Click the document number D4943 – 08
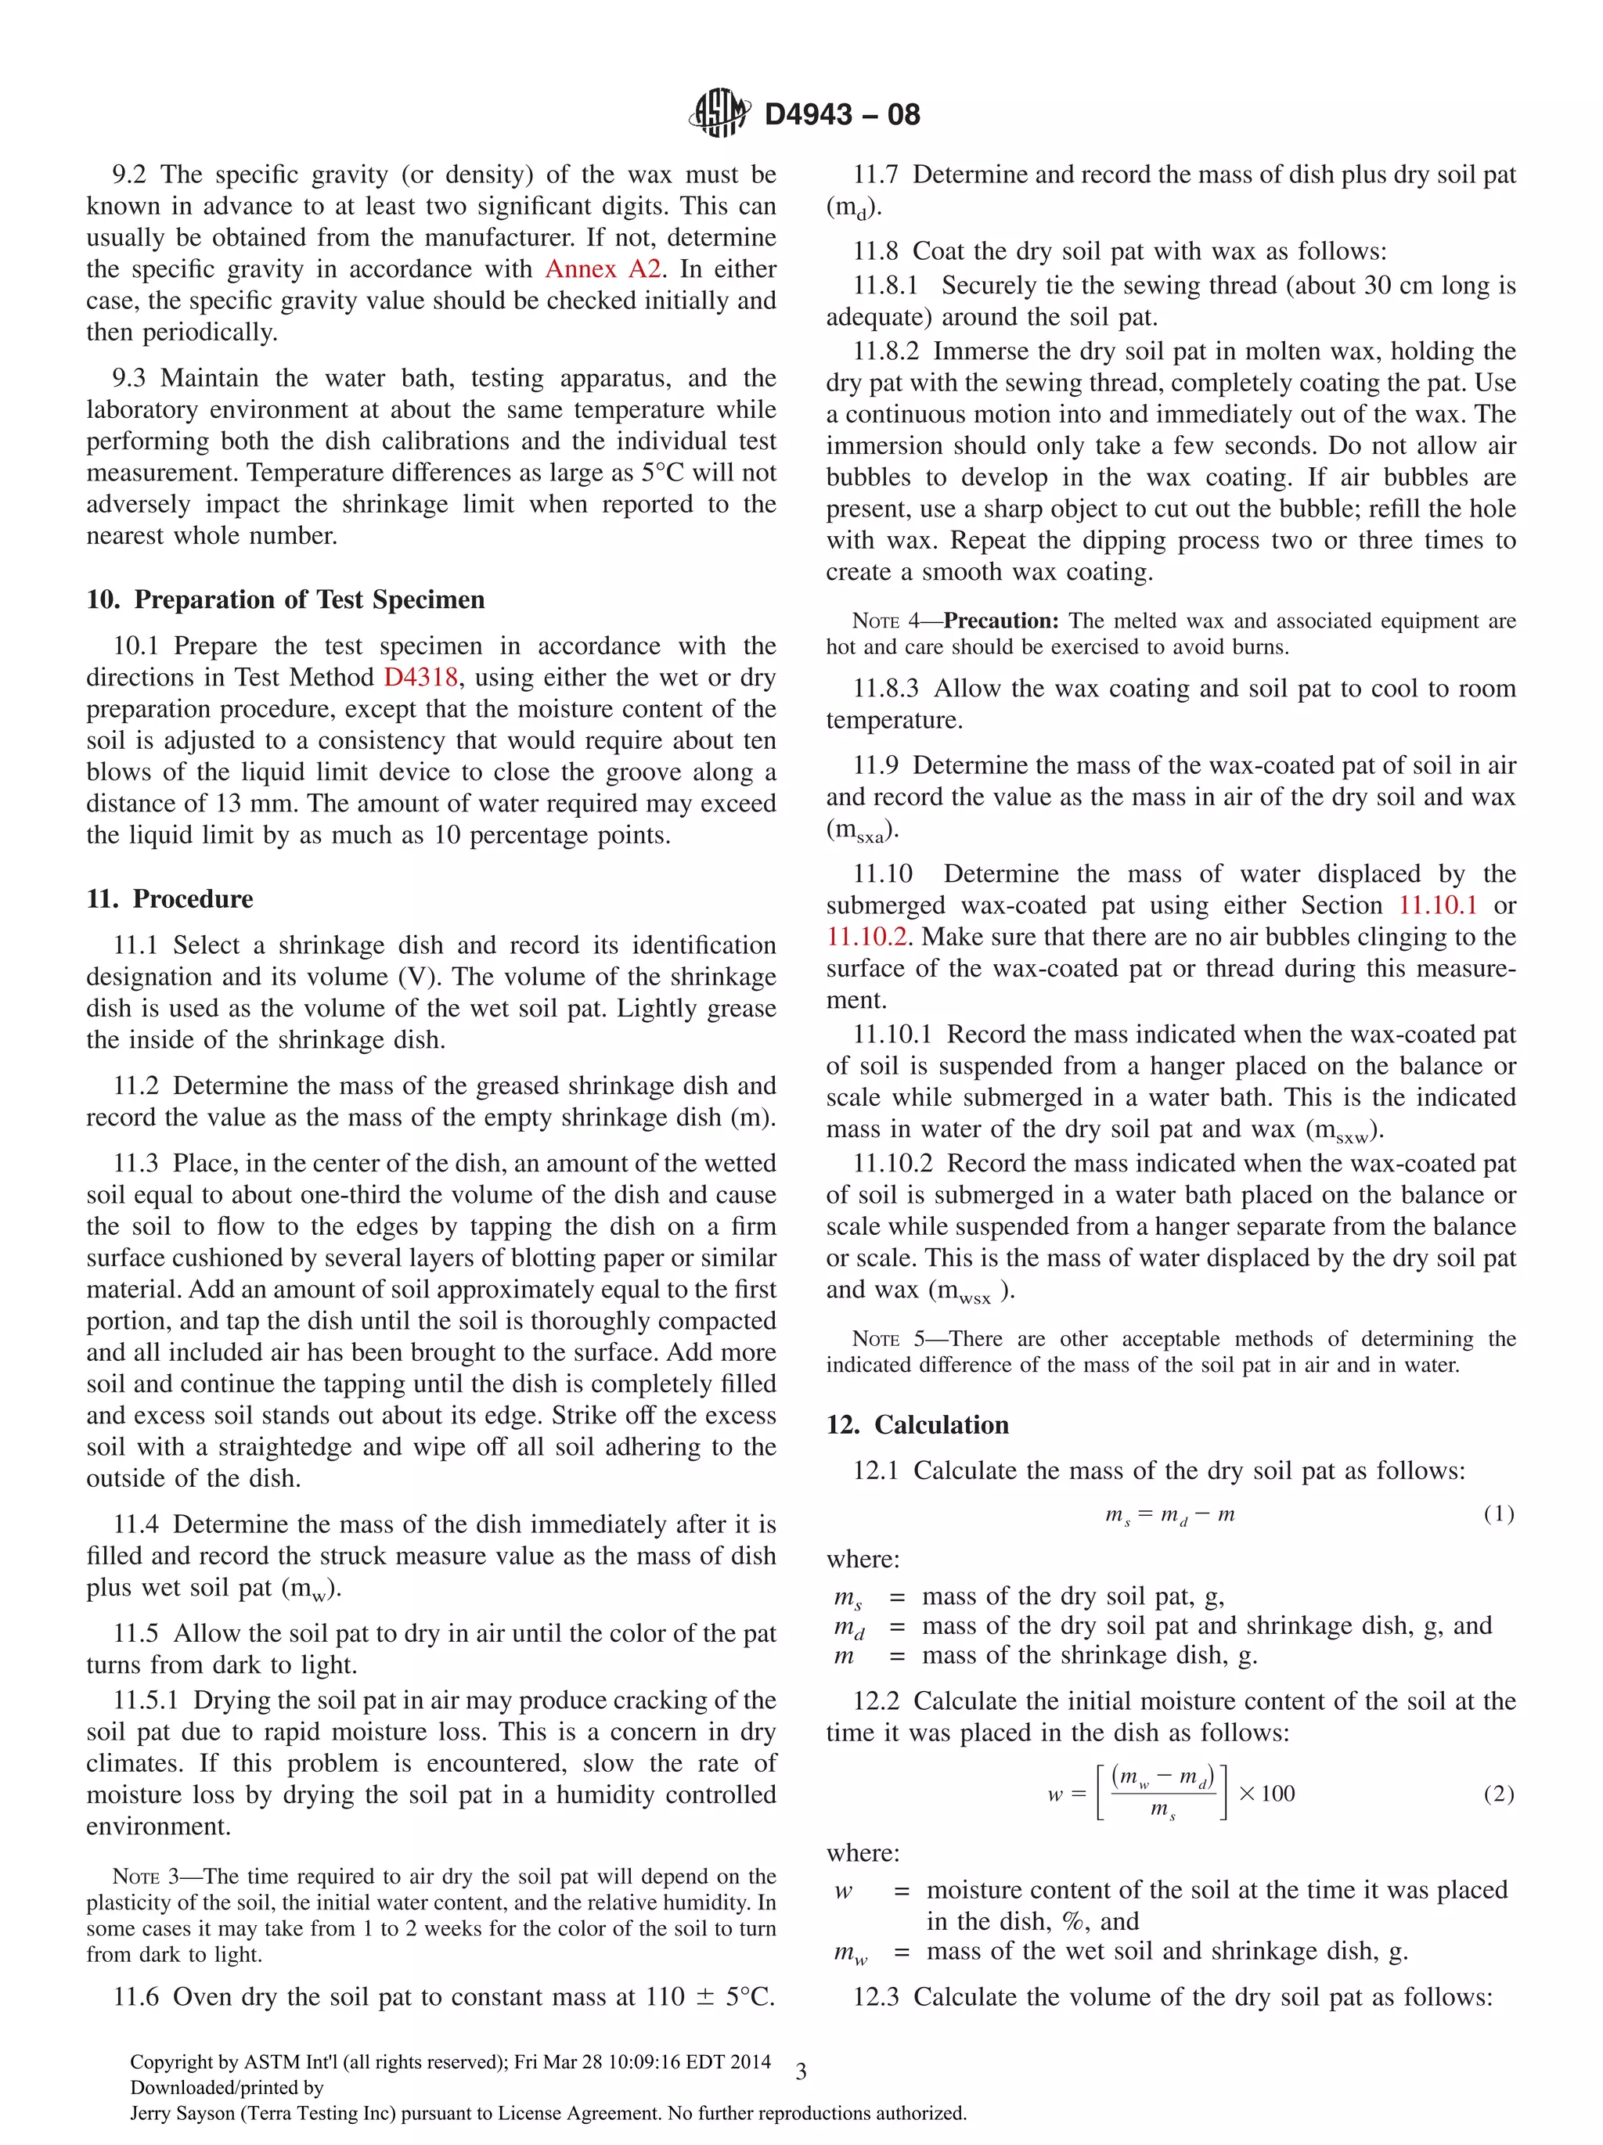pyautogui.click(x=841, y=114)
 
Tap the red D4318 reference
pyautogui.click(x=420, y=677)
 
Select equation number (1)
pyautogui.click(x=1498, y=1513)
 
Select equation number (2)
pyautogui.click(x=1498, y=1793)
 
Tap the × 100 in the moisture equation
pyautogui.click(x=1266, y=1793)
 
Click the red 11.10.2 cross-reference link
pyautogui.click(x=865, y=937)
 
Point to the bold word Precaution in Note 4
pyautogui.click(x=1001, y=621)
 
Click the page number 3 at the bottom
pyautogui.click(x=801, y=2072)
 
